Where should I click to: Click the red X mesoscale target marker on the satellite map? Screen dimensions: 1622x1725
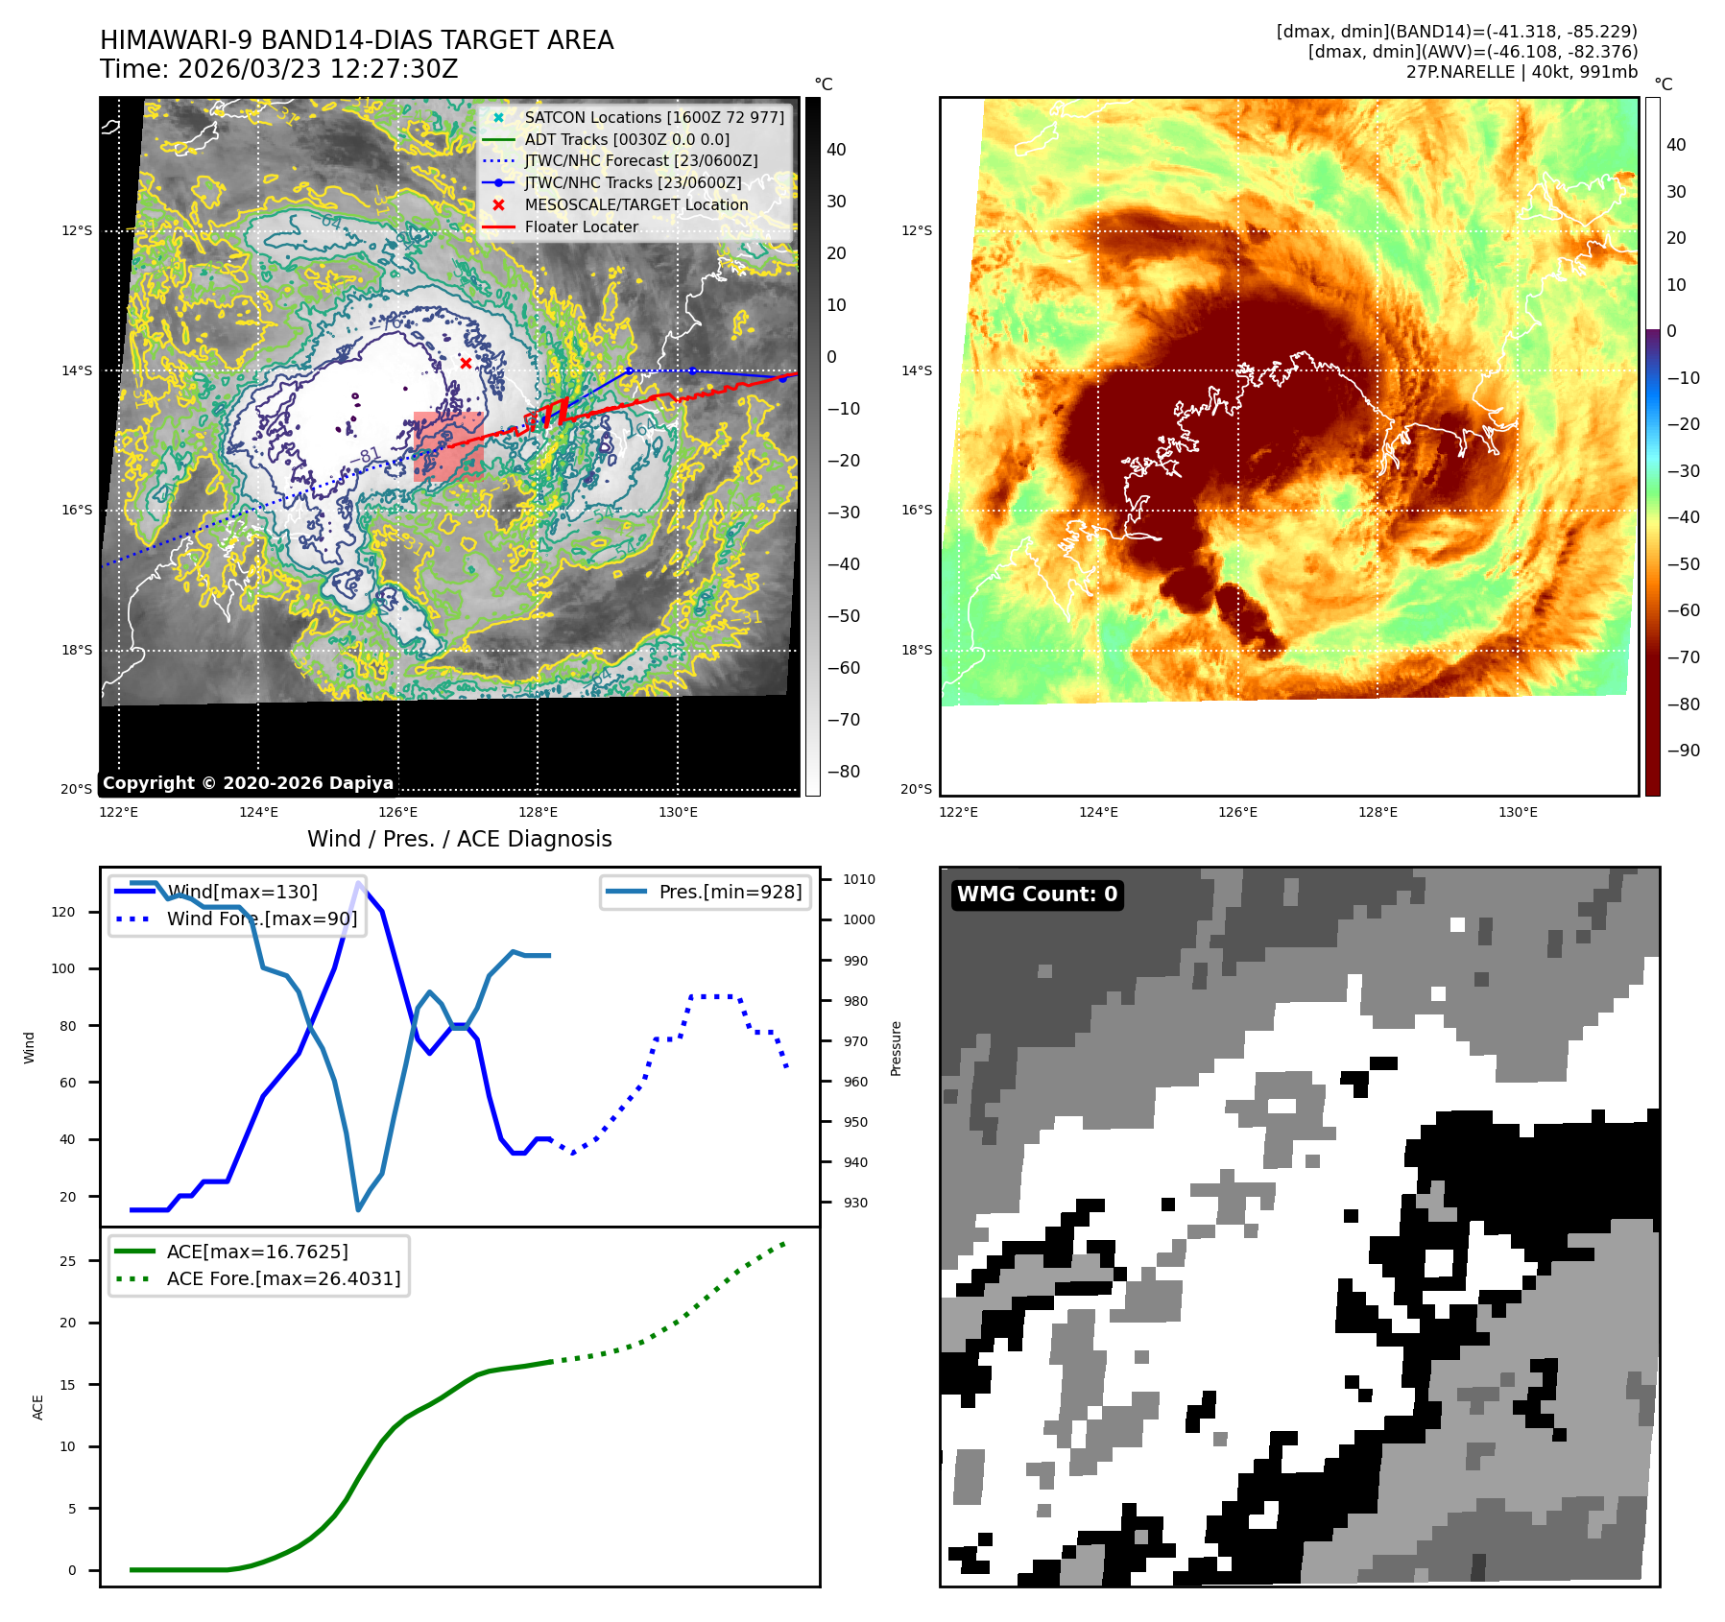click(x=466, y=363)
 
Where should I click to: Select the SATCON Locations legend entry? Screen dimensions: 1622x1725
click(x=654, y=117)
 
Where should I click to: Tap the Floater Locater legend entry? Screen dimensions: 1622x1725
click(x=581, y=227)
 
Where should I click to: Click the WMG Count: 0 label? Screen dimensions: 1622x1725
click(x=1037, y=894)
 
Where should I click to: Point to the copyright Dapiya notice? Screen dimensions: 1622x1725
click(x=248, y=783)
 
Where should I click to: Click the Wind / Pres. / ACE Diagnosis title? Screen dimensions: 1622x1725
click(x=459, y=839)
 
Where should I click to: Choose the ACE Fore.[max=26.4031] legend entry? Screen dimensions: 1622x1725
click(x=283, y=1278)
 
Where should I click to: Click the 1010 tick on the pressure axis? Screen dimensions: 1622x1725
click(x=858, y=879)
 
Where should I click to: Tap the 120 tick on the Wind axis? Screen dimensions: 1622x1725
click(x=63, y=912)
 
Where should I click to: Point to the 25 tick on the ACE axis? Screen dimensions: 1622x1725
click(x=67, y=1261)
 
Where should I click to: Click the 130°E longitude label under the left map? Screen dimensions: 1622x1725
click(x=678, y=812)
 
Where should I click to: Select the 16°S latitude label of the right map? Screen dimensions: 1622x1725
click(x=916, y=510)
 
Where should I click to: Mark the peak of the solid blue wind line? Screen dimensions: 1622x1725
click(x=359, y=883)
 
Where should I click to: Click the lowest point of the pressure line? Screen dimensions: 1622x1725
click(x=358, y=1209)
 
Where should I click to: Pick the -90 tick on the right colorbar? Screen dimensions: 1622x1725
click(x=1683, y=751)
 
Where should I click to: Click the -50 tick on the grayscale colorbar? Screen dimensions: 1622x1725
click(x=844, y=616)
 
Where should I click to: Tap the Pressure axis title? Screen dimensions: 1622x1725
click(x=896, y=1048)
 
